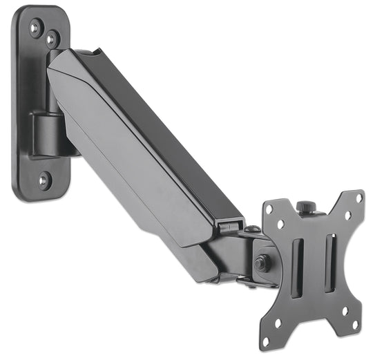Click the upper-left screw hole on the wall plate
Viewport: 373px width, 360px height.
35,27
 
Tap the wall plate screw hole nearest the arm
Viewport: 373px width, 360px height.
50,39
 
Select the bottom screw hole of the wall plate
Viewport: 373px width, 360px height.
43,181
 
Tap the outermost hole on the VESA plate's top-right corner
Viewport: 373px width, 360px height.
359,198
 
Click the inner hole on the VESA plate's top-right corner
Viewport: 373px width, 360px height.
345,214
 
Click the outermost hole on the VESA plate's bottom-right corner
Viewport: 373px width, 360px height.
354,325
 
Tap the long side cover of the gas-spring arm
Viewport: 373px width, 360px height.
138,152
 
